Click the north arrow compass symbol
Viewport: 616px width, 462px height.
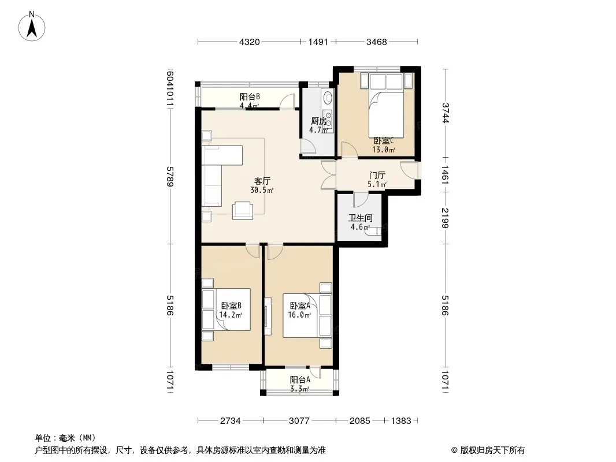[32, 27]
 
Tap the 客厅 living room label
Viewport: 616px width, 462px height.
[262, 181]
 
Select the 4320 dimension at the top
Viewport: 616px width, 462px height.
[250, 42]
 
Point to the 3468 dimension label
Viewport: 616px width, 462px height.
[377, 42]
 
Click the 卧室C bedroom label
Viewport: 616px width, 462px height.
[384, 140]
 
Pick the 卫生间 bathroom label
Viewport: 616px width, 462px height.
[360, 218]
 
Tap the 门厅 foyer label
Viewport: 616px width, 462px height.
[377, 176]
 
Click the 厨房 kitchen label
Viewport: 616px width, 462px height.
[318, 121]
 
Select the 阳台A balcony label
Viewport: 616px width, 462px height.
[300, 379]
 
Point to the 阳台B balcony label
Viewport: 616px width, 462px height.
[250, 96]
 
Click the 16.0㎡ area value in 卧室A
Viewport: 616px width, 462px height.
[299, 315]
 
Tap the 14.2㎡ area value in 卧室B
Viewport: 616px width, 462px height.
[231, 315]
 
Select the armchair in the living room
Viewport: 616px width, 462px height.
[242, 210]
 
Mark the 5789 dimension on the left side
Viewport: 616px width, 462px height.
[170, 177]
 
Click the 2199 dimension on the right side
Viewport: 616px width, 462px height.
[445, 218]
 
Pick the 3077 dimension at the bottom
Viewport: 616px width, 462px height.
[299, 421]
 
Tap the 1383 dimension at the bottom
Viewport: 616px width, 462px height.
[401, 421]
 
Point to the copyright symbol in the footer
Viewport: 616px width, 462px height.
[454, 450]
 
